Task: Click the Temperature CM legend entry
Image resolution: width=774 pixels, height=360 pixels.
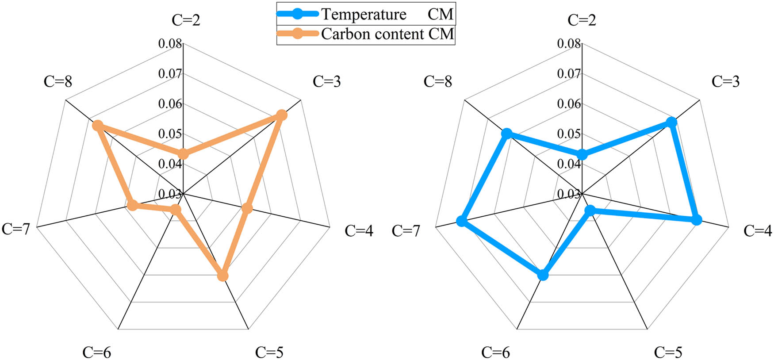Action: (365, 14)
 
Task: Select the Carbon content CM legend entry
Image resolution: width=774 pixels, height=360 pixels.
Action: (365, 34)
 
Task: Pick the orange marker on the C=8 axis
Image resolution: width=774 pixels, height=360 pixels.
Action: (97, 126)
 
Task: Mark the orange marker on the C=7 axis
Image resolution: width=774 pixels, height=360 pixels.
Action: (132, 206)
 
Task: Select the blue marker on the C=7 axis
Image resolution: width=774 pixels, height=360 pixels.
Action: (462, 221)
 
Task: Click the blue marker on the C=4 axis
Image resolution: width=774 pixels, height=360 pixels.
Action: (697, 220)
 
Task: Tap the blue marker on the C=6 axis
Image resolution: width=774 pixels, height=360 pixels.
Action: (543, 275)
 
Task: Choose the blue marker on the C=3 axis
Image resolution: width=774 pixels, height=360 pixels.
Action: (671, 122)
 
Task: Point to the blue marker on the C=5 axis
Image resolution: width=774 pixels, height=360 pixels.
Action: (590, 211)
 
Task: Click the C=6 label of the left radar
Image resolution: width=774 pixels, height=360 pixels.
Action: (96, 352)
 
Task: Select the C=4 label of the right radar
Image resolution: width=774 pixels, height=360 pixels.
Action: (758, 230)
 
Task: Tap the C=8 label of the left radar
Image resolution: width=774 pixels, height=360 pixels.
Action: (58, 81)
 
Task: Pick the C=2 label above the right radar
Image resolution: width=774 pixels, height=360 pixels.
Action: (582, 20)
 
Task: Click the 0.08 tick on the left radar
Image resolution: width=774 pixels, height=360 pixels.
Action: (170, 43)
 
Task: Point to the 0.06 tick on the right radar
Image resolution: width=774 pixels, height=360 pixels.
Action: (568, 104)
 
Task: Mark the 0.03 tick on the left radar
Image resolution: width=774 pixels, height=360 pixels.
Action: (170, 194)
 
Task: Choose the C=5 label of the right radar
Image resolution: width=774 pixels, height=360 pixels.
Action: (668, 352)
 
